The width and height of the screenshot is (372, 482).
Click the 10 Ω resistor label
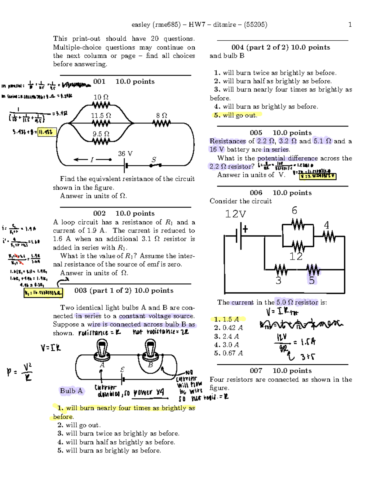(101, 97)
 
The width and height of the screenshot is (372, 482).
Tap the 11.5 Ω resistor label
(101, 115)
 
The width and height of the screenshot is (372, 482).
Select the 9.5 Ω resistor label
(101, 134)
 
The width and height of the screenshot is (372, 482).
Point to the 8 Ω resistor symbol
(162, 124)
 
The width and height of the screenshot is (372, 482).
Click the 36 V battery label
(125, 154)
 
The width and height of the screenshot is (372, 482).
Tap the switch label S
(154, 160)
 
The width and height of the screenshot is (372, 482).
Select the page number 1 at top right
(350, 25)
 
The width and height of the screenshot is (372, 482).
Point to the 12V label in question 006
(236, 214)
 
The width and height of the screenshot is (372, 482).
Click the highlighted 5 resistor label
(312, 280)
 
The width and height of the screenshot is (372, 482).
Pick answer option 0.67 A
(228, 353)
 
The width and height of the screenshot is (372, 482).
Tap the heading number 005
(256, 133)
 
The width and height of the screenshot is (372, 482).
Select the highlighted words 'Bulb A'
(71, 391)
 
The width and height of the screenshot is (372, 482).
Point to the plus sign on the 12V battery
(246, 229)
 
